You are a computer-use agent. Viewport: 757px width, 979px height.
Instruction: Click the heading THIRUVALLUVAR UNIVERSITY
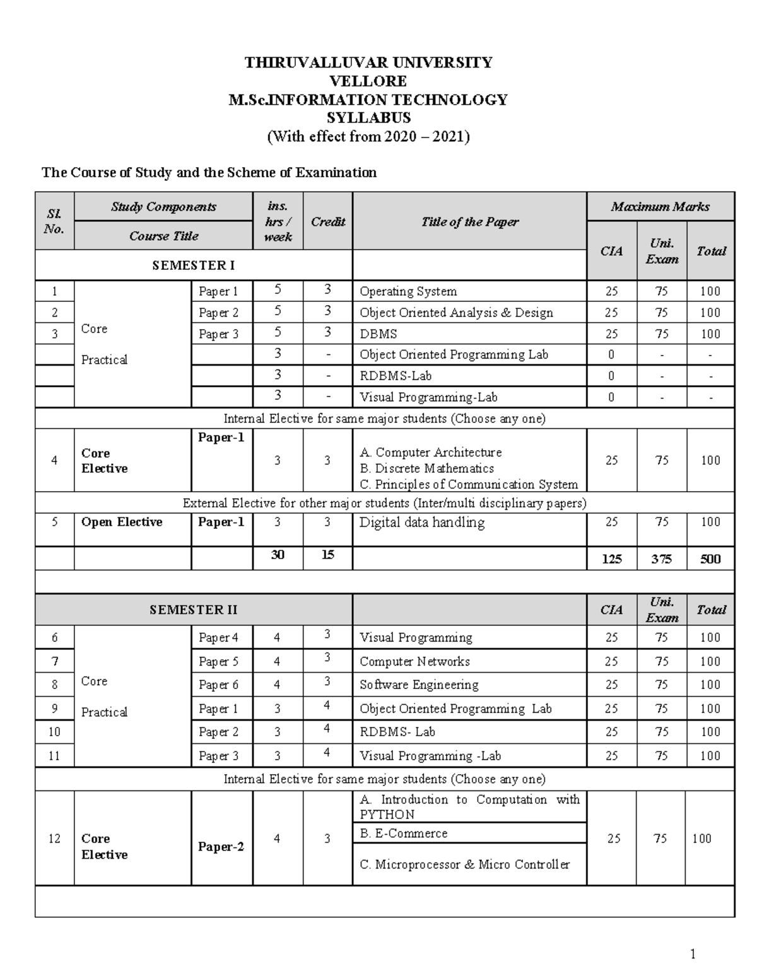click(x=368, y=62)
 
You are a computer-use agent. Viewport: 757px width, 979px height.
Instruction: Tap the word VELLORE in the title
click(x=368, y=81)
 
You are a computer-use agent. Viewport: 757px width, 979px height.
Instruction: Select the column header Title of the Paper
click(x=469, y=221)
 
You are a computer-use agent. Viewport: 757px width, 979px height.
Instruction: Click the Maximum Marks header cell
click(x=660, y=207)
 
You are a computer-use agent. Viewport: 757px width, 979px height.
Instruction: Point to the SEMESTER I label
click(x=193, y=265)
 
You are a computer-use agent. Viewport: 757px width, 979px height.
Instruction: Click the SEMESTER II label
click(x=193, y=610)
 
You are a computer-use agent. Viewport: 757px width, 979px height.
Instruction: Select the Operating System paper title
click(x=408, y=291)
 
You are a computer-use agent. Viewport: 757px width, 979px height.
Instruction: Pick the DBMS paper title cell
click(x=378, y=334)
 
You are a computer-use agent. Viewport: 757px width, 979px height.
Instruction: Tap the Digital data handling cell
click(x=421, y=523)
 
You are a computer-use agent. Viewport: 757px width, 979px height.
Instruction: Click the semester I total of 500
click(x=710, y=559)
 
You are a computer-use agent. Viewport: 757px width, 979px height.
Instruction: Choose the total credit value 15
click(x=327, y=555)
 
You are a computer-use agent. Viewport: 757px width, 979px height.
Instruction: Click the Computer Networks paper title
click(x=414, y=661)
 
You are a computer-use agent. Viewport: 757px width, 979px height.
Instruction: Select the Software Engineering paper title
click(x=419, y=685)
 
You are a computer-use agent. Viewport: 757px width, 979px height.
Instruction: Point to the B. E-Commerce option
click(x=404, y=833)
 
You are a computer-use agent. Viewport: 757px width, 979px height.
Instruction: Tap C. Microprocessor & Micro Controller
click(x=464, y=864)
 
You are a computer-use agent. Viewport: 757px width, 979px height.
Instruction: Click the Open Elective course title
click(x=122, y=522)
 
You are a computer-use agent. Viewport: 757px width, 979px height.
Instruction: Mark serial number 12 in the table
click(x=54, y=838)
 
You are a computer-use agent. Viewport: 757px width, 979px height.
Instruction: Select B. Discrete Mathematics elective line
click(x=426, y=468)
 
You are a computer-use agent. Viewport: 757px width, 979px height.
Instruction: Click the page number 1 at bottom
click(x=693, y=954)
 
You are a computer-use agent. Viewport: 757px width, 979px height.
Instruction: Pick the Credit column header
click(x=327, y=221)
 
